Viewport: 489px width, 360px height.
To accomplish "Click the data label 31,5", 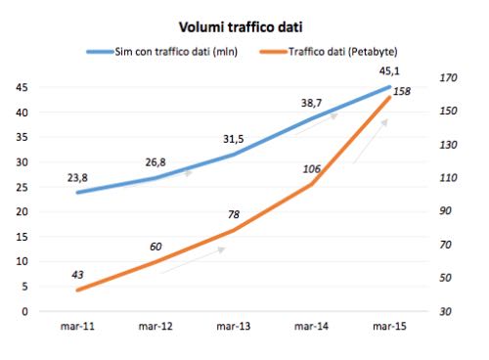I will click(233, 137).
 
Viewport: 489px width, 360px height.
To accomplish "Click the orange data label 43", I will click(78, 273).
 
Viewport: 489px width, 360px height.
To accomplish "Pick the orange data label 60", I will click(156, 246).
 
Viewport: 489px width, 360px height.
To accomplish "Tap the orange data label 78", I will click(234, 214).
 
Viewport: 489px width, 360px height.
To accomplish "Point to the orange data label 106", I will click(312, 169).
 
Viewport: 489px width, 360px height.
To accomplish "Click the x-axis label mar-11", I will click(76, 328).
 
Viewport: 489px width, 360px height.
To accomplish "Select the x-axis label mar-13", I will click(232, 328).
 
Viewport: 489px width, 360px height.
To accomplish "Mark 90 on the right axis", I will click(450, 211).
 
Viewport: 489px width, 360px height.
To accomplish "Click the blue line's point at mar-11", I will click(76, 192).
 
